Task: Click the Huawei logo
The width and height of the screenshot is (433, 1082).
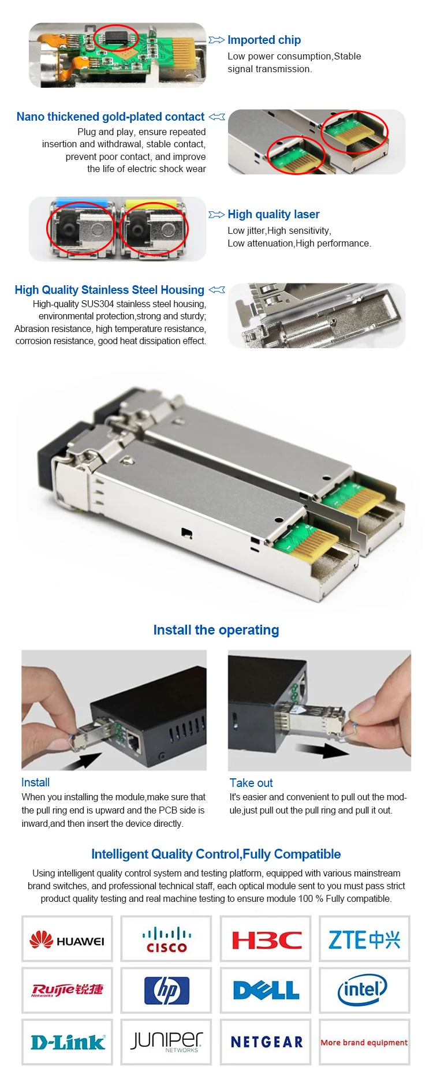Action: click(67, 941)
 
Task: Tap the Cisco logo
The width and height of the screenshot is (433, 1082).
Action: click(167, 940)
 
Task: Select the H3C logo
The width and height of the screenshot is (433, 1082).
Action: click(266, 940)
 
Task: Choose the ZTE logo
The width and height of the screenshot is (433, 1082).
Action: click(364, 939)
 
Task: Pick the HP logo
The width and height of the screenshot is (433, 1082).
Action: click(167, 990)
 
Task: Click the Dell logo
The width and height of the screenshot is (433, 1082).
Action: click(266, 991)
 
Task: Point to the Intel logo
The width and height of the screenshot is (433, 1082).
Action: click(362, 990)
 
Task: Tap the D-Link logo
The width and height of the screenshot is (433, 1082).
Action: click(68, 1042)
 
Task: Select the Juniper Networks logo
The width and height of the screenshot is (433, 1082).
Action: click(167, 1042)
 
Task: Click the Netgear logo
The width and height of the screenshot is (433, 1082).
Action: click(267, 1042)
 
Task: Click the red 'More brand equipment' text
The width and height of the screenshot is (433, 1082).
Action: click(364, 1042)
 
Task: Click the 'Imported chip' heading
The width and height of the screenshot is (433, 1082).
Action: click(264, 40)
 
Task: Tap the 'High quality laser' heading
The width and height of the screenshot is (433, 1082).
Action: click(273, 214)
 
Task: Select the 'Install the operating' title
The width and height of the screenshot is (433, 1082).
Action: click(216, 630)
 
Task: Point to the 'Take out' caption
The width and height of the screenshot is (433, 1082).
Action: click(251, 783)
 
